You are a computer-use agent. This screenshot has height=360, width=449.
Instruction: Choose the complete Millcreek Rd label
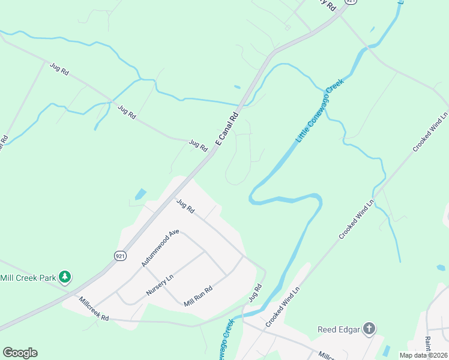click(x=93, y=308)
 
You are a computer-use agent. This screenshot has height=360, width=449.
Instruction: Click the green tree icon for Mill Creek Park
click(x=65, y=277)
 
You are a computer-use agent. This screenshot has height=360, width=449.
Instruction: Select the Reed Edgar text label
click(x=337, y=329)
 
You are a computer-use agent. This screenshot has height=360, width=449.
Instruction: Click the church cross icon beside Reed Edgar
click(x=369, y=328)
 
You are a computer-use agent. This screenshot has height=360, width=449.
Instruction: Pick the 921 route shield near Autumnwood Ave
click(x=119, y=256)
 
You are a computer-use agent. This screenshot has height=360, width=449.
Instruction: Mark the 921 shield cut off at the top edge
click(x=351, y=2)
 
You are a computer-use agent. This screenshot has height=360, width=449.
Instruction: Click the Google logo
click(x=20, y=353)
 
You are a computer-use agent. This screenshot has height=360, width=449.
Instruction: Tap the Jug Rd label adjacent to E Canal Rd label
click(x=197, y=145)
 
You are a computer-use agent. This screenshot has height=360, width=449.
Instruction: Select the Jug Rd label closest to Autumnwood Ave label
click(x=185, y=206)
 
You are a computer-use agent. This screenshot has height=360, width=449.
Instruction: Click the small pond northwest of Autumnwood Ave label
click(x=140, y=194)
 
